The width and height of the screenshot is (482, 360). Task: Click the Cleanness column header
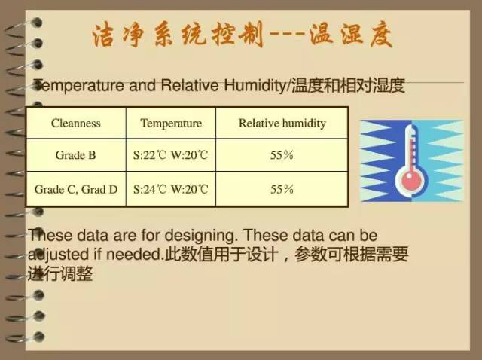click(x=76, y=124)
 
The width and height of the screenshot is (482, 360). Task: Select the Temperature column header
click(x=171, y=124)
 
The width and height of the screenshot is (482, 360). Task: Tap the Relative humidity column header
click(x=282, y=124)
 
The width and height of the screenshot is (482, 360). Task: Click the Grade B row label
click(x=75, y=155)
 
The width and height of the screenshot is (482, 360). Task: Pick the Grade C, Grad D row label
click(x=76, y=189)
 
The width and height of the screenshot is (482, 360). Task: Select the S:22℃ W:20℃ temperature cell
click(x=171, y=155)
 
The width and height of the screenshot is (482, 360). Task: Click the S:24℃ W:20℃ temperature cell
click(x=171, y=189)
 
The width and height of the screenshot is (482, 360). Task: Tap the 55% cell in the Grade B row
click(x=282, y=155)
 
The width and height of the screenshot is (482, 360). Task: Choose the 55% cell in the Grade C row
click(x=282, y=189)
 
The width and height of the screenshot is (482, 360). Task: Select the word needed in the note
click(x=134, y=255)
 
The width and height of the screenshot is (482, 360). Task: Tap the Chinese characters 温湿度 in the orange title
click(x=351, y=35)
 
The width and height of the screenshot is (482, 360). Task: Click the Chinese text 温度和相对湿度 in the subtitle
click(x=348, y=86)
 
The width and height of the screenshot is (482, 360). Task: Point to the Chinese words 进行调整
click(x=60, y=273)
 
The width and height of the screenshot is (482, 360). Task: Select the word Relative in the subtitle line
click(x=189, y=85)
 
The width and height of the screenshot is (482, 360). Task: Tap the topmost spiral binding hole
click(x=38, y=23)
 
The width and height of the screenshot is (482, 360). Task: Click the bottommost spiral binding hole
click(x=38, y=337)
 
